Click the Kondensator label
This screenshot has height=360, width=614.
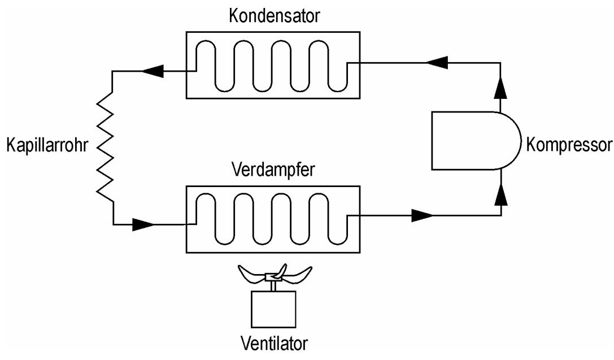(274, 16)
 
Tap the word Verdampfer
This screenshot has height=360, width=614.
(273, 170)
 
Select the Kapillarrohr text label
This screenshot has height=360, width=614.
(47, 145)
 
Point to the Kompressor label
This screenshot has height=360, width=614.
(569, 145)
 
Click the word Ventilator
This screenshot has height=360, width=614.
(274, 344)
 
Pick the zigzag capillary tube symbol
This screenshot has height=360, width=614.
(105, 148)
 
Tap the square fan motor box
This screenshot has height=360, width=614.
(273, 309)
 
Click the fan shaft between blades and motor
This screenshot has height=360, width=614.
(273, 286)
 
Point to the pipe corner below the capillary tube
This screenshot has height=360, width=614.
(114, 224)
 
